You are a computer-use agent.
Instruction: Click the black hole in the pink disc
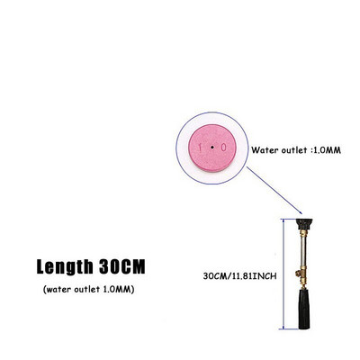coord(212,148)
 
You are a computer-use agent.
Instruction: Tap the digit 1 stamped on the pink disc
coord(201,148)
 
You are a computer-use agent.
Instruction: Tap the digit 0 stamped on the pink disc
coord(223,148)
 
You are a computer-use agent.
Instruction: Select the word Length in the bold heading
coord(65,266)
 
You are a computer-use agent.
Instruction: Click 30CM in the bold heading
coord(122,266)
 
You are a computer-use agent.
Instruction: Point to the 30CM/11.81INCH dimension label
coord(239,276)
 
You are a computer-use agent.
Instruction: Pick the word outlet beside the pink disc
coord(294,150)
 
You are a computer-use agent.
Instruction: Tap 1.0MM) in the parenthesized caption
coord(119,290)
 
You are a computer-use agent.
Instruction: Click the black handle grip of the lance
coord(304,309)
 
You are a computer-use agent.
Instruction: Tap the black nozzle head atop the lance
coord(304,224)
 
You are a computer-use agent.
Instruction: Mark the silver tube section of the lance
coord(303,251)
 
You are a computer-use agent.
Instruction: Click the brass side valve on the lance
coord(299,274)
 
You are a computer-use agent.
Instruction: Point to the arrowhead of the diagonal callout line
coord(300,211)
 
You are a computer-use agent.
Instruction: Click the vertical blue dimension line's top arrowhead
coord(283,221)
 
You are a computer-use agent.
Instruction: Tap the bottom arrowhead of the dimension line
coord(283,327)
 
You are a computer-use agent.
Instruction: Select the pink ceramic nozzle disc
coord(212,148)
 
